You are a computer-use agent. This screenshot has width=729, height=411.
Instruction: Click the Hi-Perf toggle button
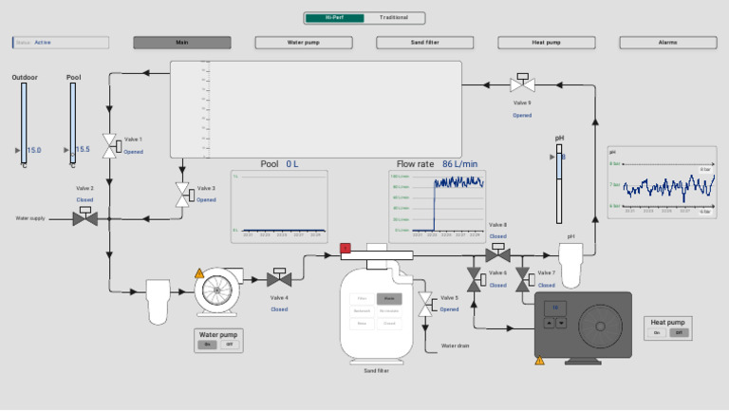334,17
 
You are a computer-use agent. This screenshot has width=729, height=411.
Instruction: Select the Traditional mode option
394,17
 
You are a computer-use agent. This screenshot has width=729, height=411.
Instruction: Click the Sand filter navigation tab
424,43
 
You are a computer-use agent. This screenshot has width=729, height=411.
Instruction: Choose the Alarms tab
667,43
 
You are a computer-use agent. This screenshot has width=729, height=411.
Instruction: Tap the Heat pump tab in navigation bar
546,43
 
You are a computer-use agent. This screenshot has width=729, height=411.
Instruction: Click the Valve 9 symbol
522,84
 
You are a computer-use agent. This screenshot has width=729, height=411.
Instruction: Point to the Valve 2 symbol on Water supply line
85,217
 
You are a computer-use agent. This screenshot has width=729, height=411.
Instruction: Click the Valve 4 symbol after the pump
279,278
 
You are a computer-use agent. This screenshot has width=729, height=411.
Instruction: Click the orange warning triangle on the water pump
199,273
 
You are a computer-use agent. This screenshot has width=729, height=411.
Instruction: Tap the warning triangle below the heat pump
540,361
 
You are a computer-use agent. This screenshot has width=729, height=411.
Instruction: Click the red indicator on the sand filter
346,249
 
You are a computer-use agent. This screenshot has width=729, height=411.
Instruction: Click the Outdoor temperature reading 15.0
33,150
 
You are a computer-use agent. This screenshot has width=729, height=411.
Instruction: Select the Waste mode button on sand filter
389,298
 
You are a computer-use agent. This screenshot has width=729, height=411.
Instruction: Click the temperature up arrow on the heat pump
550,322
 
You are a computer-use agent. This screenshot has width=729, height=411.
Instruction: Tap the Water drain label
456,346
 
